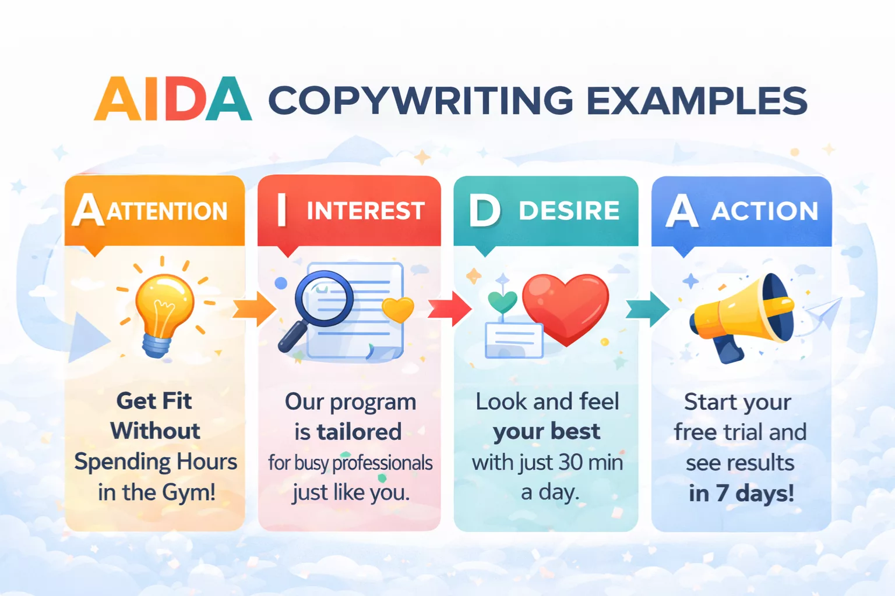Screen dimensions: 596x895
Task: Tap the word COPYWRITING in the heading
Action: point(421,101)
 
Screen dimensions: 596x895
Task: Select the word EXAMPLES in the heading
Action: point(696,101)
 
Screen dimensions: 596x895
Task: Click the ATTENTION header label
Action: point(167,211)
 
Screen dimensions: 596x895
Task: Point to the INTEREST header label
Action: point(365,211)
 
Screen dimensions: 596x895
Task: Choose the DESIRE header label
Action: point(569,211)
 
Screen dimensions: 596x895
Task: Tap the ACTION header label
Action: point(764,211)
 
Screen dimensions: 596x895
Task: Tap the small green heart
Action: point(502,301)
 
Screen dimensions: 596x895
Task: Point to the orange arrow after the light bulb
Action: point(254,309)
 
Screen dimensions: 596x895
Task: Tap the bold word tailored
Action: point(359,432)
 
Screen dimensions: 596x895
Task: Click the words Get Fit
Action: point(154,400)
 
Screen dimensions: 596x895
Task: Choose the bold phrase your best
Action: point(547,431)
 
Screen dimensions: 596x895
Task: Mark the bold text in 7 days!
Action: point(741,493)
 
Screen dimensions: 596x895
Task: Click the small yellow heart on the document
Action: point(398,309)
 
